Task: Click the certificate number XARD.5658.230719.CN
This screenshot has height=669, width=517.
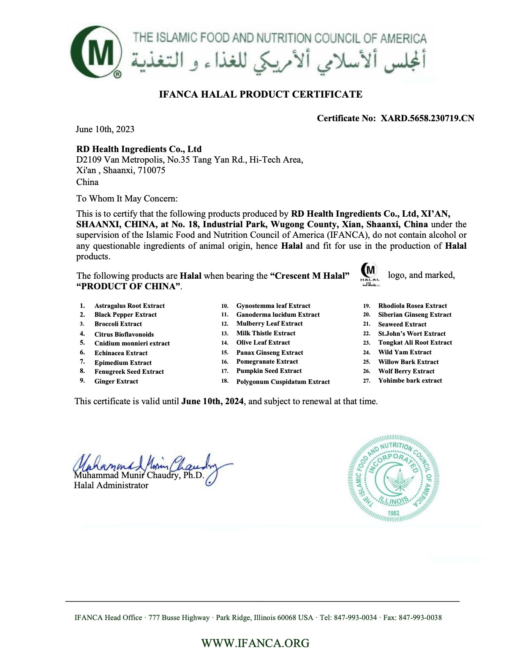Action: coord(427,118)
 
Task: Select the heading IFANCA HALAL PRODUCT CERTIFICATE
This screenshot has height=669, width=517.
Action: coord(261,94)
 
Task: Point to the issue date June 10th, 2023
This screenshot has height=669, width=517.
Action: coord(105,129)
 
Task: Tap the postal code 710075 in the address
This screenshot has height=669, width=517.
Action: coord(152,170)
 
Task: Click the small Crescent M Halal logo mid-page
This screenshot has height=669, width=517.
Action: coord(370,275)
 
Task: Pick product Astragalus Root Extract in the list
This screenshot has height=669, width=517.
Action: coord(129,306)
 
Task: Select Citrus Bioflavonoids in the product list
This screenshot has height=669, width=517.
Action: coord(124,334)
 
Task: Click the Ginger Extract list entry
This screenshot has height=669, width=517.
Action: coord(116,381)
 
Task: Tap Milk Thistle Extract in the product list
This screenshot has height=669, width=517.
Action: coord(266,333)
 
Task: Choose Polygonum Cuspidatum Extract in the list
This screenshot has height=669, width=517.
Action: coord(283,382)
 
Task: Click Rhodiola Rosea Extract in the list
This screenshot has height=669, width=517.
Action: coord(412,306)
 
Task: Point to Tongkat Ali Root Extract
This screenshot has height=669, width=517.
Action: coord(415,343)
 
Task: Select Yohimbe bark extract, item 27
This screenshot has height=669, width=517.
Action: coord(410,381)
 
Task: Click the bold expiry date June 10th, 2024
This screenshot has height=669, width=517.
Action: coord(212,401)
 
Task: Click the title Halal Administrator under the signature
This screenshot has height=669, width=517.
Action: coord(111,485)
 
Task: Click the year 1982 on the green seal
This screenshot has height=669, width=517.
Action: coord(393,513)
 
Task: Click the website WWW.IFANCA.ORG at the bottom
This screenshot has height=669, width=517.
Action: coord(255,643)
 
